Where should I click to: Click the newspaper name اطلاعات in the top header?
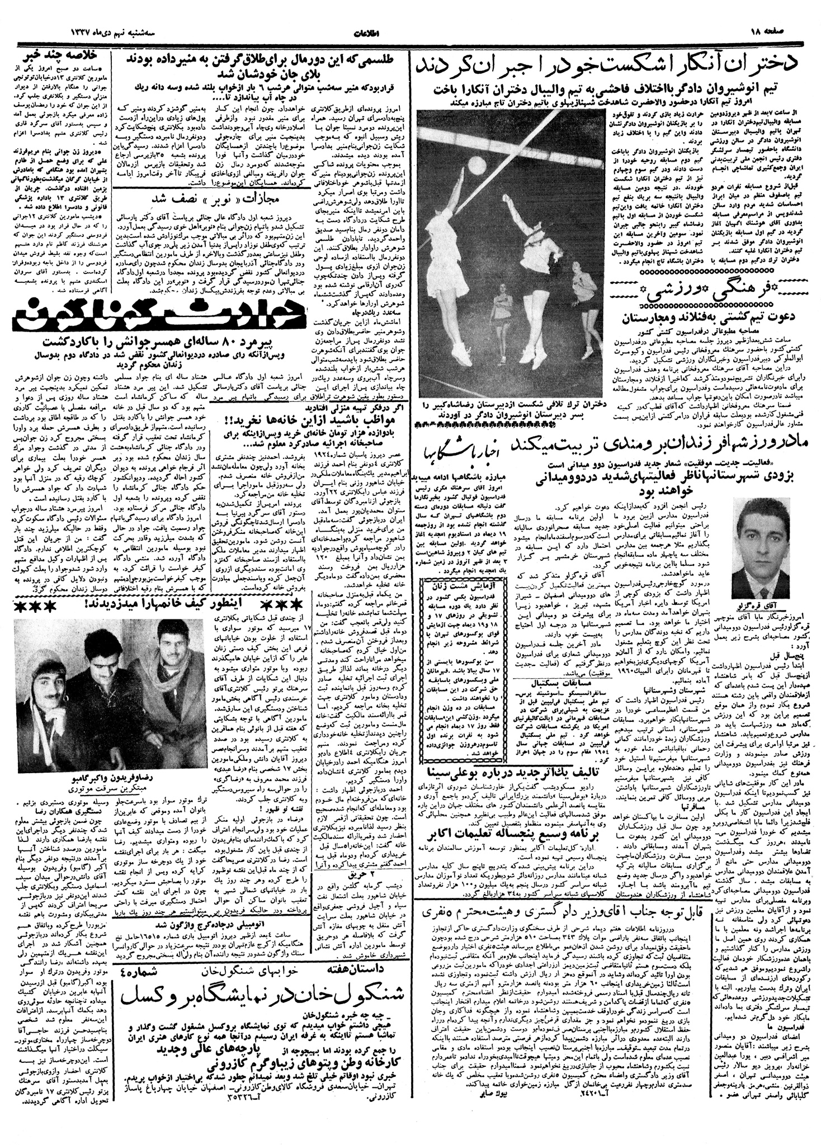[x=409, y=31]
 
